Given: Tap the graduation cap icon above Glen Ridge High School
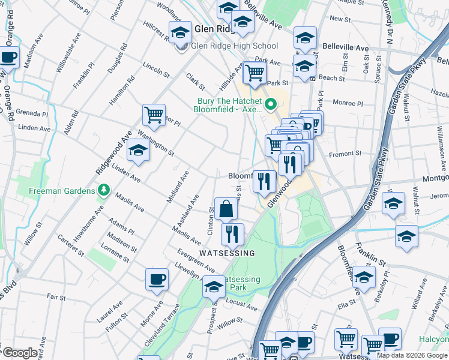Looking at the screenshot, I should click(179, 34).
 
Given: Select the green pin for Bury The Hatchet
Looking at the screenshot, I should click(270, 105).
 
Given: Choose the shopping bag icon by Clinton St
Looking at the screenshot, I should click(226, 209).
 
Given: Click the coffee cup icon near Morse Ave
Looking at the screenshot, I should click(157, 279).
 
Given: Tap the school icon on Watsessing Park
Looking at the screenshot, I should click(214, 287).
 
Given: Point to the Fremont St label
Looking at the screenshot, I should click(349, 153).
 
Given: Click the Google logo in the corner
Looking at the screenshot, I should click(19, 353).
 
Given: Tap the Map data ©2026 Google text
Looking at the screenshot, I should click(412, 355).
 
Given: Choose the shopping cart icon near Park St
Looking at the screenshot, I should click(255, 73).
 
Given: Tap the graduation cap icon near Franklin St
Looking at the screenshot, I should click(364, 277).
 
